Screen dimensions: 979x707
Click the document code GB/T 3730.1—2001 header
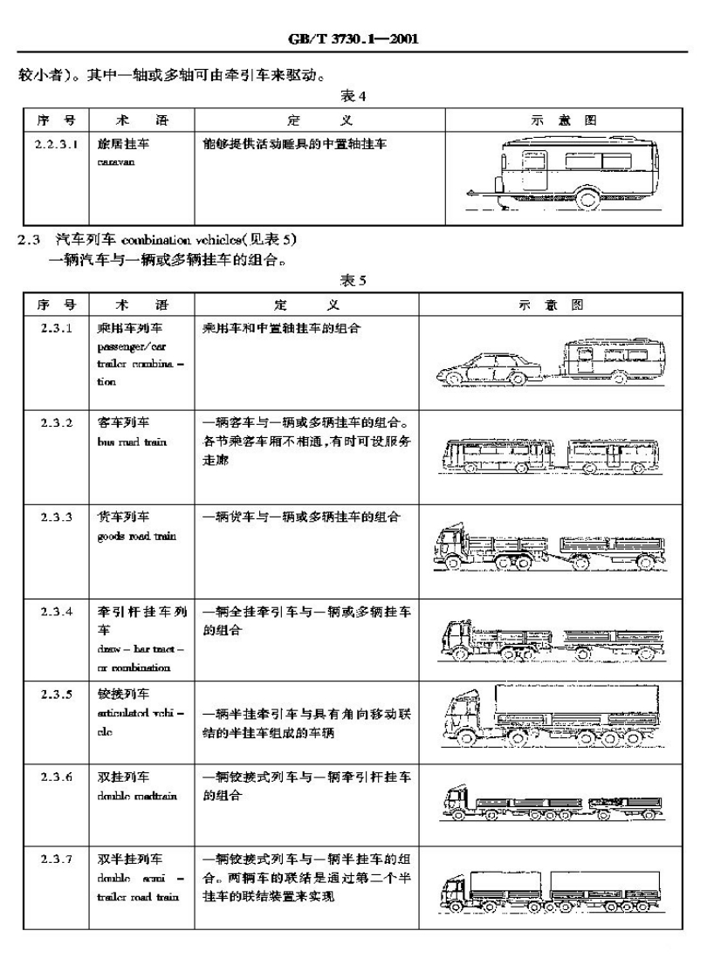click(x=353, y=38)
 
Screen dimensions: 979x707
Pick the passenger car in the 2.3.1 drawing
click(x=484, y=369)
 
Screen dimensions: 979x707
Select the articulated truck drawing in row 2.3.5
click(x=553, y=721)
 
